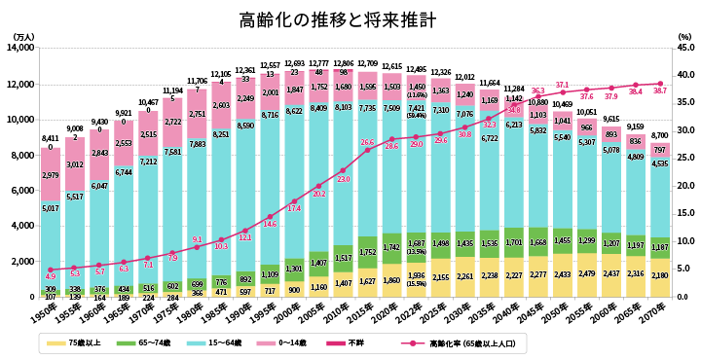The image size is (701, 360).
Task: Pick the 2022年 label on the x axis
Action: point(416,311)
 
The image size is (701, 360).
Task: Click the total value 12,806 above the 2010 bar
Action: point(342,63)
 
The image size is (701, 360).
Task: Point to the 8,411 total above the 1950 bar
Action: point(51,139)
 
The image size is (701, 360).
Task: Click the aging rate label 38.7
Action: point(659,90)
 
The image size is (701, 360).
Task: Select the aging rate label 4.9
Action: point(50,276)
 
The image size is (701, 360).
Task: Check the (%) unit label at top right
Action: point(683,36)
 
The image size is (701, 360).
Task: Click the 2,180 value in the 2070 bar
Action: point(659,276)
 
